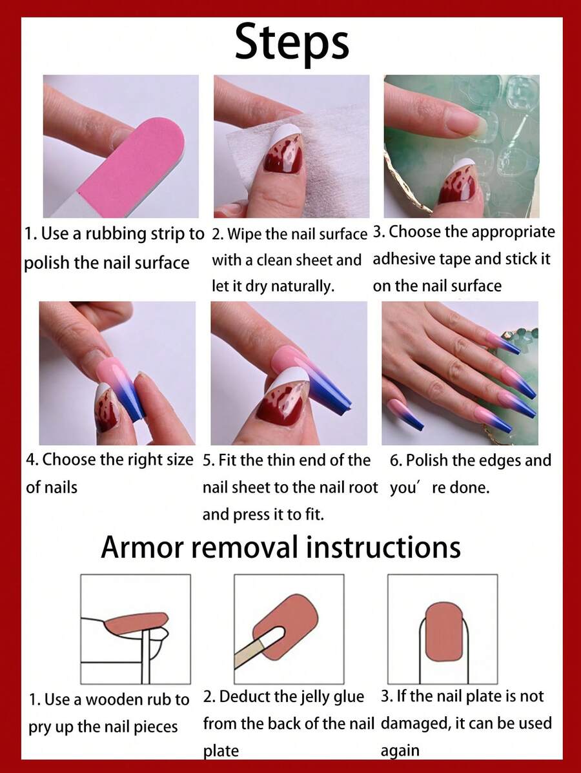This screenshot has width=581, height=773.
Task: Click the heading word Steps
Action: point(292,43)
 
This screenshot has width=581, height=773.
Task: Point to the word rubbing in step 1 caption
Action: point(116,234)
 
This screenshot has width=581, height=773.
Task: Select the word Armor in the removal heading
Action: point(143,547)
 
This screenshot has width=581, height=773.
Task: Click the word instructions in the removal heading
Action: point(383,547)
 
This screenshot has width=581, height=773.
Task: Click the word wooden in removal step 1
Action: point(116,700)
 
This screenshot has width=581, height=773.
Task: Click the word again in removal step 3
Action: point(400,751)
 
